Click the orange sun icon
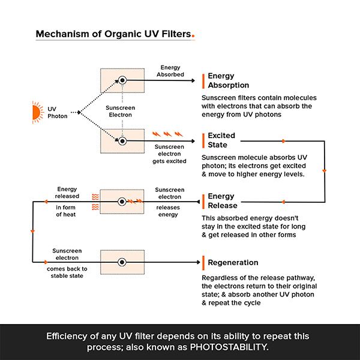38,112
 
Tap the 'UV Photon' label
58,113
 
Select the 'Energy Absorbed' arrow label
170,71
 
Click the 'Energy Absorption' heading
229,80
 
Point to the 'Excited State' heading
221,140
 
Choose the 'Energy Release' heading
223,200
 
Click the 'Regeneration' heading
233,262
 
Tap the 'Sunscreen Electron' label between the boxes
121,112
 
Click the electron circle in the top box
122,80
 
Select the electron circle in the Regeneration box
122,262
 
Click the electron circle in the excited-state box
122,141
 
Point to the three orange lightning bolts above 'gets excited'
167,134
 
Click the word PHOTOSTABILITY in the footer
229,347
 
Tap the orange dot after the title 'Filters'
193,36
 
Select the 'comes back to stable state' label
67,272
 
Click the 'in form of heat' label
65,211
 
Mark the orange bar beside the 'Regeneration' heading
203,263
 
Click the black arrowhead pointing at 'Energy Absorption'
193,80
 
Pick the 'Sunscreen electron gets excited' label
169,154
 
